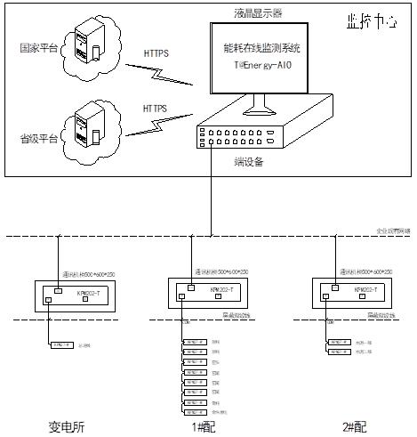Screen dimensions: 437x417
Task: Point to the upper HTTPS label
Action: pyautogui.click(x=156, y=53)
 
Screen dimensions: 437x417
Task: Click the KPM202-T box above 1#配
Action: pyautogui.click(x=217, y=291)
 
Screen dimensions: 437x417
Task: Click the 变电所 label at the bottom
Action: pyautogui.click(x=66, y=426)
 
